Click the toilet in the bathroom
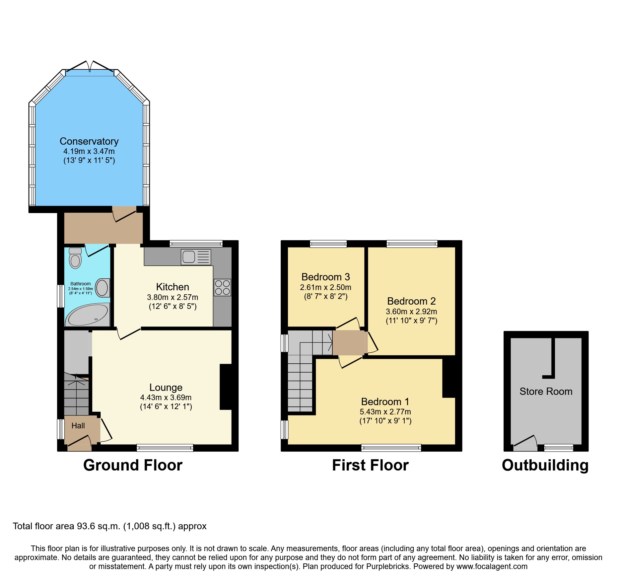click(x=75, y=258)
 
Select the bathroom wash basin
click(x=102, y=287)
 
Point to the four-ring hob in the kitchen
click(x=222, y=288)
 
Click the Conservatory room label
click(x=89, y=141)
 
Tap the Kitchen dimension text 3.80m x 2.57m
click(x=172, y=297)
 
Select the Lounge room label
click(x=166, y=388)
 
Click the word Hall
click(x=78, y=426)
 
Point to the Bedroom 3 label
click(x=325, y=277)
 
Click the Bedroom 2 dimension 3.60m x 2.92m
click(x=411, y=312)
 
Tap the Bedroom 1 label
click(x=385, y=402)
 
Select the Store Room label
click(x=546, y=392)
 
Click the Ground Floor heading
click(x=133, y=465)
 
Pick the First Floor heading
click(x=370, y=465)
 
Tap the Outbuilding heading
click(x=545, y=465)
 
